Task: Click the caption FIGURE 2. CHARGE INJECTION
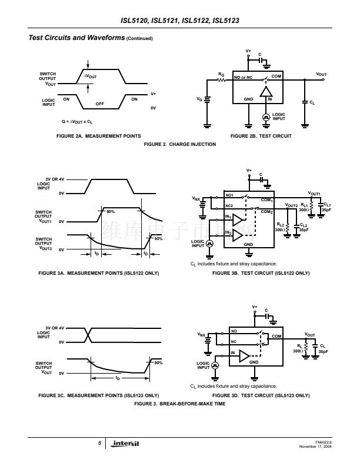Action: (179, 144)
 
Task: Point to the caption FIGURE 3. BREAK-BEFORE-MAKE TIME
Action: (179, 404)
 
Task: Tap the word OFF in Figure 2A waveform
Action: (99, 104)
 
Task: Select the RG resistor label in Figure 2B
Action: (221, 75)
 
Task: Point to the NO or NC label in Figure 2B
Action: (243, 78)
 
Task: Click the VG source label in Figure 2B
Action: (199, 99)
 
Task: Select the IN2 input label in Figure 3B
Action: (228, 232)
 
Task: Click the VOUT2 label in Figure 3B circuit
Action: (291, 205)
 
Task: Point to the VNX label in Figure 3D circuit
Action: (201, 335)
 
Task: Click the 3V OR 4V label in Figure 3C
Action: (55, 328)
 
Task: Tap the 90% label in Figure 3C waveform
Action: (158, 363)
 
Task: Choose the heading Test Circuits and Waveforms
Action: (76, 38)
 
